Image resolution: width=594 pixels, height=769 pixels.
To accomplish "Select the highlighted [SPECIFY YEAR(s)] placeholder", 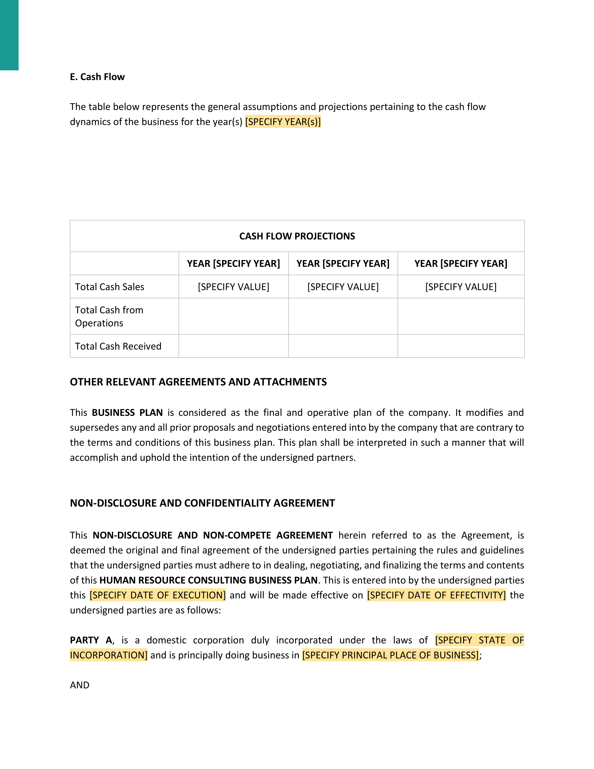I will click(x=283, y=122).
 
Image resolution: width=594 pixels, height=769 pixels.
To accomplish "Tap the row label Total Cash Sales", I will click(x=109, y=287).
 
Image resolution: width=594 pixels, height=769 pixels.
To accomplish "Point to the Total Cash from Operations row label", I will click(x=109, y=316).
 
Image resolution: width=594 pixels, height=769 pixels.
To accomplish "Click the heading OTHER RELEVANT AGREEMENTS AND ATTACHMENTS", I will click(x=198, y=382).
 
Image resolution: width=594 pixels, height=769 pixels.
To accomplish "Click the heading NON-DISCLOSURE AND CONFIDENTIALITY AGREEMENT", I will click(x=202, y=503).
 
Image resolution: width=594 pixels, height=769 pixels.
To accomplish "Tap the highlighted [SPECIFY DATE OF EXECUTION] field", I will click(x=158, y=595).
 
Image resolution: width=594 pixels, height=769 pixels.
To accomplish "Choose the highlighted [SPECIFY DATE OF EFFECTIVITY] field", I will click(x=436, y=595).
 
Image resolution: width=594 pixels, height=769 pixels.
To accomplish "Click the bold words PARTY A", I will click(x=91, y=640).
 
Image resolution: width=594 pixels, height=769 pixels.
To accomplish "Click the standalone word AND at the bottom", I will click(x=79, y=685).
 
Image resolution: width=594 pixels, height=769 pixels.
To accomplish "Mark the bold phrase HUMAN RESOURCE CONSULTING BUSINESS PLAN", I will click(x=208, y=580).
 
